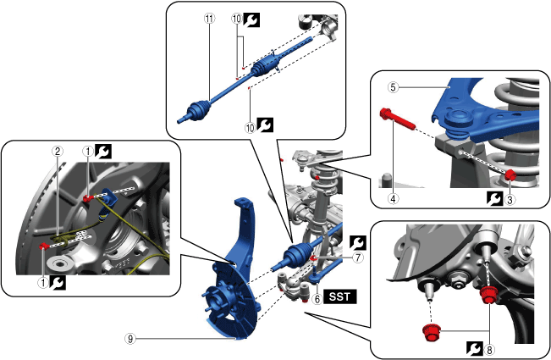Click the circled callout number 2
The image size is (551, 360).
[x=57, y=151]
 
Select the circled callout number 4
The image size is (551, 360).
[x=393, y=201]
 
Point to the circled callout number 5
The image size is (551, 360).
[x=394, y=86]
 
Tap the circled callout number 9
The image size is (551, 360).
[x=130, y=338]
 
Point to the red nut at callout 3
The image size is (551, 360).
[x=511, y=175]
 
